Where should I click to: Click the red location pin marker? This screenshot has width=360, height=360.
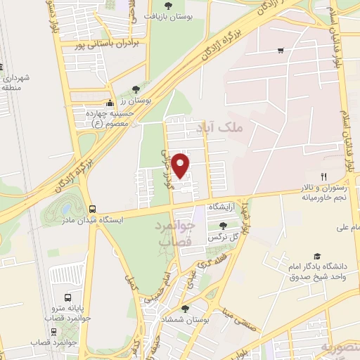click(x=181, y=166)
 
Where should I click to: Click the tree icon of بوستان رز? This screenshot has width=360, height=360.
click(x=136, y=89)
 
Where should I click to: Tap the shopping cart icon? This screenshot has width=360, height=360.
click(x=281, y=50)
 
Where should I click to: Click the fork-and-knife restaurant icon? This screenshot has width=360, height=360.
click(x=323, y=176)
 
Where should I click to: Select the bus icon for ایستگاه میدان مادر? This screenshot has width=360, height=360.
click(x=93, y=209)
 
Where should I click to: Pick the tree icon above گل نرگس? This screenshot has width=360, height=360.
click(x=223, y=226)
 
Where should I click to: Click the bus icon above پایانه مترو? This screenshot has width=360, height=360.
click(x=67, y=297)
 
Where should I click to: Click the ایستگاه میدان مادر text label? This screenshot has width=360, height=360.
click(x=132, y=219)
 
